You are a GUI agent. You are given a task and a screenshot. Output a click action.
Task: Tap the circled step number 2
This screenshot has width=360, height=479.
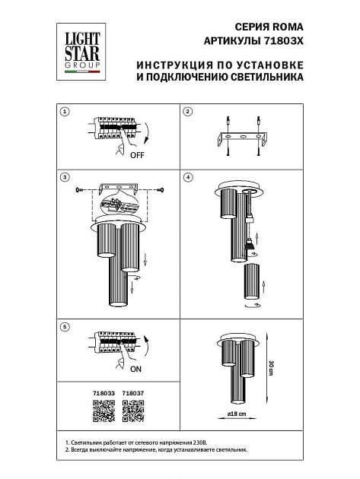click(189, 112)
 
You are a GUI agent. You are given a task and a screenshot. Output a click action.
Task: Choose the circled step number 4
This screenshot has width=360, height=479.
click(189, 177)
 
